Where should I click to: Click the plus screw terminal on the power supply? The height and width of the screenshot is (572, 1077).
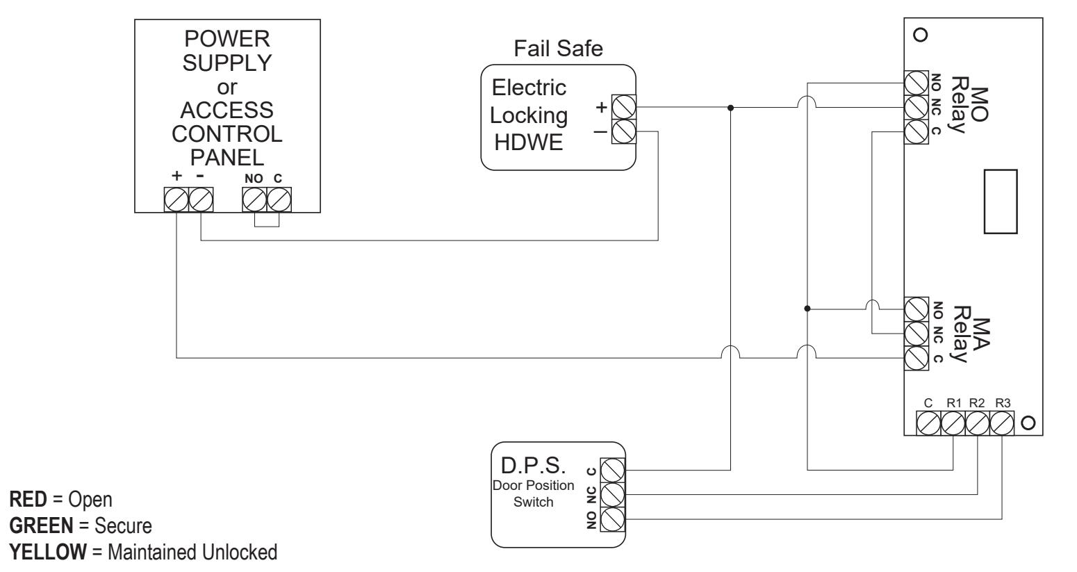(176, 199)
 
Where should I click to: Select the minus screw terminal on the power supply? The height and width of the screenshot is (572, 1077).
(201, 199)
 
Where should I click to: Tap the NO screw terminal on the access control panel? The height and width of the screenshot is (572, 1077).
(254, 199)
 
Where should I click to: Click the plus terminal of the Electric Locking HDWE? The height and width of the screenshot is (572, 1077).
(624, 107)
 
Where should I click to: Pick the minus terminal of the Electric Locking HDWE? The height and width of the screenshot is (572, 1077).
(624, 131)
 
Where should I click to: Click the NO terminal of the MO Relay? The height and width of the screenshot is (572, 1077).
(916, 83)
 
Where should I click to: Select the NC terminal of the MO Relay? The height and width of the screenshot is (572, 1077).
(916, 107)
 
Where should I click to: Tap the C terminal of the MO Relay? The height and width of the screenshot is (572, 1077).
(916, 132)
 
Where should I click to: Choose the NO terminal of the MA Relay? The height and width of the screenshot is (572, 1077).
(916, 309)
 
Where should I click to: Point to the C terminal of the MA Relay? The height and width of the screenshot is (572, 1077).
(916, 359)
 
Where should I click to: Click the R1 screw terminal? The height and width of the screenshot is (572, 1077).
(953, 423)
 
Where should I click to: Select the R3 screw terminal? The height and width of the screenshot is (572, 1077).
(1002, 423)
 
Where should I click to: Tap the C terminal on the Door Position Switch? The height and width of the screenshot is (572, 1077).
(613, 470)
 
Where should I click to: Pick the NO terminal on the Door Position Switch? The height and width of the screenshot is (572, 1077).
(613, 519)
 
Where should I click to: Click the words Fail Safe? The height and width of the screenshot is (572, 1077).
(558, 48)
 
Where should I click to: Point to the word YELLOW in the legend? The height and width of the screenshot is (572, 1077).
(48, 553)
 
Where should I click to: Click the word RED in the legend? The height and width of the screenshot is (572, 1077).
(28, 499)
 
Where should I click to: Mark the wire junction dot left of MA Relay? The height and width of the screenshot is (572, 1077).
(807, 309)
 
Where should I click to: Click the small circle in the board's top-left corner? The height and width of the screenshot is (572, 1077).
(920, 35)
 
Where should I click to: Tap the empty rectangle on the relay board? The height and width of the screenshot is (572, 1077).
(1001, 202)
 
